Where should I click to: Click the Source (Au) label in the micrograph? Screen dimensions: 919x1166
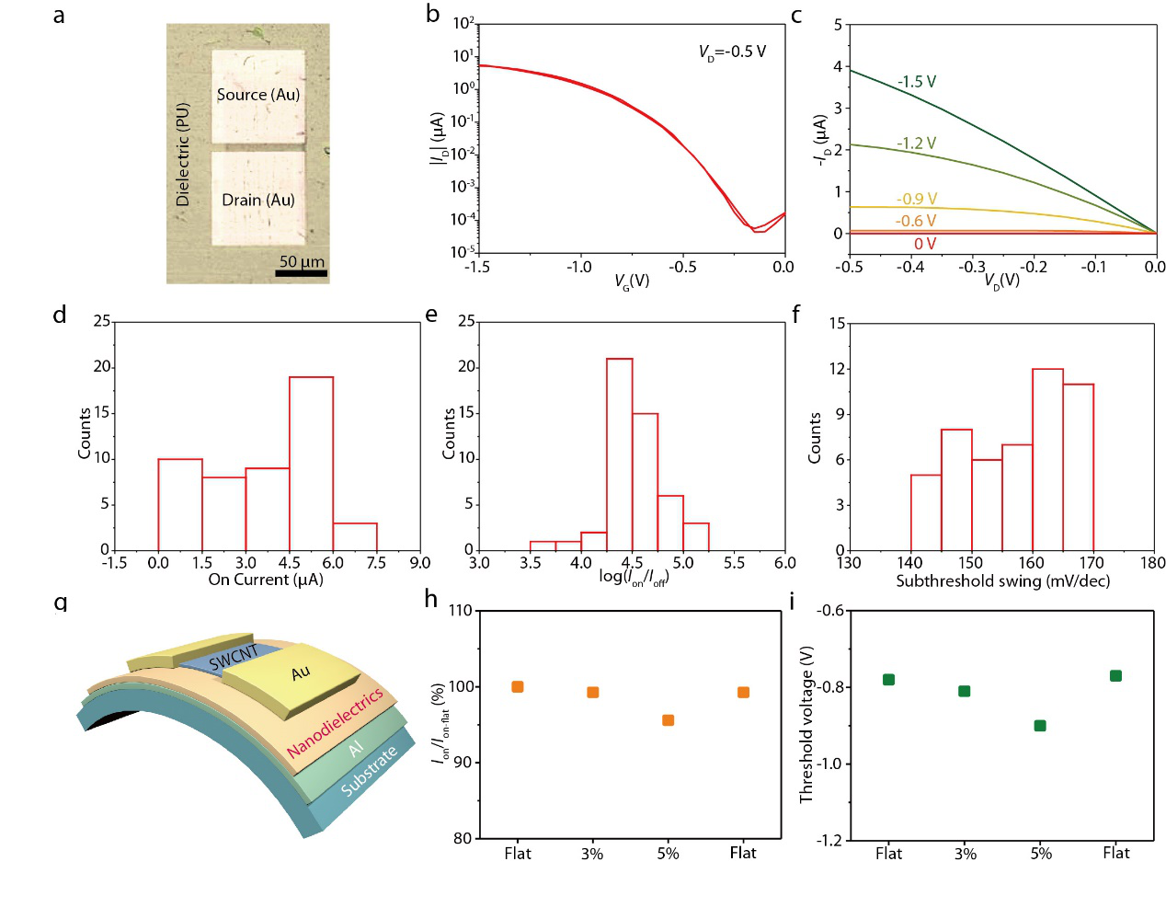coord(257,95)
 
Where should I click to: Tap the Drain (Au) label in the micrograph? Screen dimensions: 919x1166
coord(257,201)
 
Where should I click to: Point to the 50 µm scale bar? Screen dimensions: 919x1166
coord(301,272)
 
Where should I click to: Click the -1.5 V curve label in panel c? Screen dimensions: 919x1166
coord(917,82)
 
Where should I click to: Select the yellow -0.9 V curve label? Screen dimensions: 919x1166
coord(917,200)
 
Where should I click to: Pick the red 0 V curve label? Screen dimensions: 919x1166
coord(925,244)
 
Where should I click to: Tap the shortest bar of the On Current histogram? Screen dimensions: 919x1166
coord(355,536)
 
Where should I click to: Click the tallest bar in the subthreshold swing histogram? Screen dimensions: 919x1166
coord(1047,459)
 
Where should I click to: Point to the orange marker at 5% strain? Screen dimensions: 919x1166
coord(669,720)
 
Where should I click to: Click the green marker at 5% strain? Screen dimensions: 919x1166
coord(1040,726)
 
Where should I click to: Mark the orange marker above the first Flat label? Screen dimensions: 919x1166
coord(518,687)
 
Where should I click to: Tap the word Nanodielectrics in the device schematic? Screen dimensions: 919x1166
coord(335,723)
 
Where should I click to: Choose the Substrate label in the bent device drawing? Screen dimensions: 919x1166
coord(369,771)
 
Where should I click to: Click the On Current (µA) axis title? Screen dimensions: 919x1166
coord(266,580)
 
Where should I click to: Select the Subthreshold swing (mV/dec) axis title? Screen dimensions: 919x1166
coord(1002,581)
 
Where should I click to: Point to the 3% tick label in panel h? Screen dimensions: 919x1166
coord(592,854)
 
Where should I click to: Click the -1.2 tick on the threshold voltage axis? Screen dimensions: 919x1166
coord(829,840)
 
